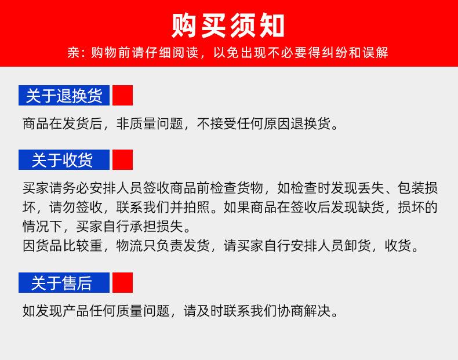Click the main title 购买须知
[228, 26]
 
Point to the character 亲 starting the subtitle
[74, 53]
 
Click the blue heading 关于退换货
[64, 96]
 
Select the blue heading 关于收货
[64, 159]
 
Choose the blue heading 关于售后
[64, 283]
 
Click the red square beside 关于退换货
[123, 96]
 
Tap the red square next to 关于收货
[123, 159]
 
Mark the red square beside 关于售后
[123, 283]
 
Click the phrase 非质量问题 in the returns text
[150, 123]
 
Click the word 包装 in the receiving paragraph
[410, 188]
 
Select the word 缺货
[370, 207]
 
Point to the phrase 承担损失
[157, 226]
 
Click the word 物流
[130, 246]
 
